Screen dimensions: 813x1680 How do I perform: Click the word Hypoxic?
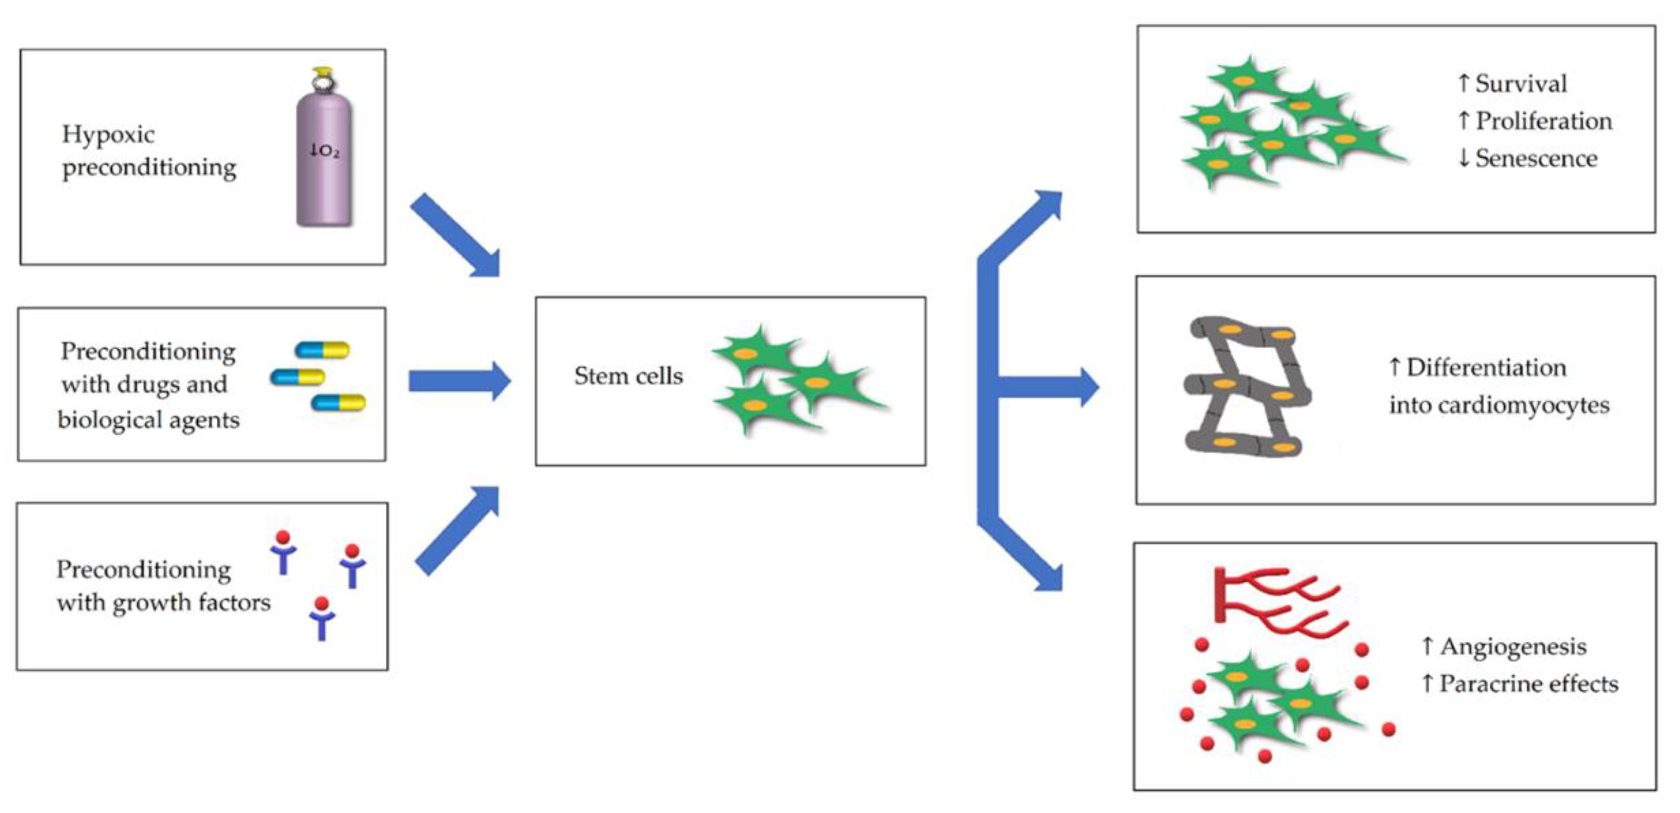(108, 135)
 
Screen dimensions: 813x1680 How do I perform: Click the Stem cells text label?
(628, 376)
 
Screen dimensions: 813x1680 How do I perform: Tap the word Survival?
(1521, 83)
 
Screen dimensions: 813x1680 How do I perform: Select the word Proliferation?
(1544, 121)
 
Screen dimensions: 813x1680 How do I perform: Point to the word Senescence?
(1536, 158)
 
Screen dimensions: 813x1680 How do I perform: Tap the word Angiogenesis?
(1513, 646)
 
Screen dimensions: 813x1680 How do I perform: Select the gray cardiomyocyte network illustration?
(1246, 387)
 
